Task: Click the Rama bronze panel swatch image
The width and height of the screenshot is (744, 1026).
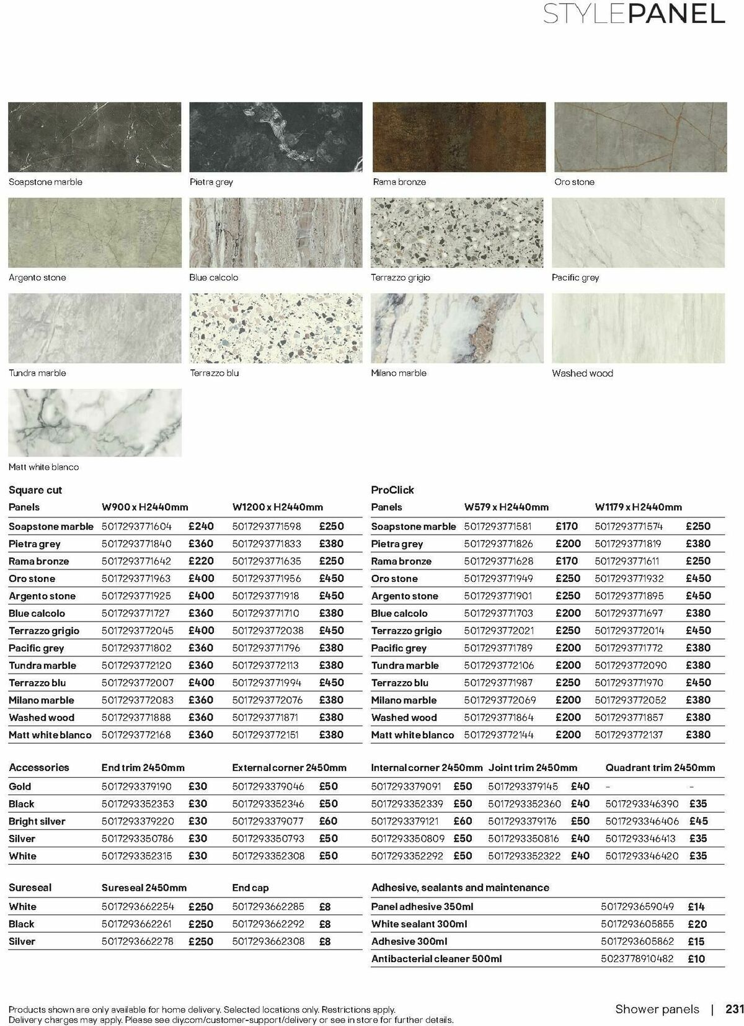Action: click(459, 137)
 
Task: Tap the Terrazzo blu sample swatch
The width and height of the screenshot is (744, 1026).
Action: click(276, 328)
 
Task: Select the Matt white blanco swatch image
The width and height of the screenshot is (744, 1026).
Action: click(95, 423)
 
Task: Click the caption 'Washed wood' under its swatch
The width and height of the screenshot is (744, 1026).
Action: click(582, 373)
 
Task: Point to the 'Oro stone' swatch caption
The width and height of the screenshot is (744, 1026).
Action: click(574, 182)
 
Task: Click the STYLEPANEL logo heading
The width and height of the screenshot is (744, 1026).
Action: click(634, 14)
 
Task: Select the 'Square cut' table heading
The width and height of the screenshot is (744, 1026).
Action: click(35, 490)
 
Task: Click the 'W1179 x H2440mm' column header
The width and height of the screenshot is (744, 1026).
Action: click(638, 507)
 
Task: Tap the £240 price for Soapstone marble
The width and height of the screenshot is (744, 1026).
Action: click(201, 526)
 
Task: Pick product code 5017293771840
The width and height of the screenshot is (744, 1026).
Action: click(136, 544)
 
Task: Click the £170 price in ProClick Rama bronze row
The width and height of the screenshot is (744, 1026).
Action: click(567, 561)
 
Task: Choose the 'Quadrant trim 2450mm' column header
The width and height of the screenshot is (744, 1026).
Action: click(660, 768)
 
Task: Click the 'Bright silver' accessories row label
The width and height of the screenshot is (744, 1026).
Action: click(37, 821)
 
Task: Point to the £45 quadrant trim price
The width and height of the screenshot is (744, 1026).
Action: click(698, 821)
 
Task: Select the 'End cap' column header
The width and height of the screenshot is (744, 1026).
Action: click(250, 888)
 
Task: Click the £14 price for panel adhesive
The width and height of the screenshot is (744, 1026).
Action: click(696, 907)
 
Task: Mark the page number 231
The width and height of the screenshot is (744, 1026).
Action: click(734, 1009)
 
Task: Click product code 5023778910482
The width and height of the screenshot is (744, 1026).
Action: click(637, 959)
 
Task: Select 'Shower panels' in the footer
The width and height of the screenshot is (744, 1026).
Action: click(657, 1009)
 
